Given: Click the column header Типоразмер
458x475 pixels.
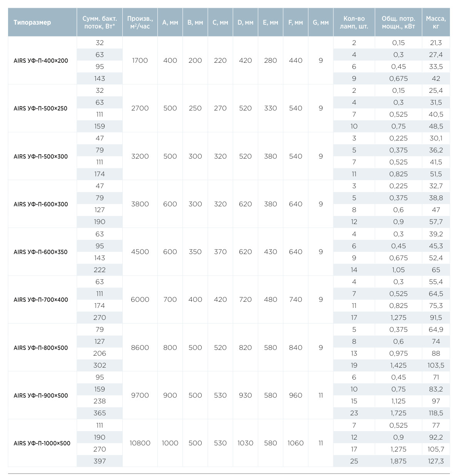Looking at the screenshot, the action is (32, 22).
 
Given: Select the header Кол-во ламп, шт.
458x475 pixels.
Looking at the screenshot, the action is (354, 22).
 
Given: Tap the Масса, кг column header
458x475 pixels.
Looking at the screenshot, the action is (436, 22).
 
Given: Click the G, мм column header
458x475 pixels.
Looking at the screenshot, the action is (321, 22).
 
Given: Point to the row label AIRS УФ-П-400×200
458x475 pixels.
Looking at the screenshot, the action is (41, 60).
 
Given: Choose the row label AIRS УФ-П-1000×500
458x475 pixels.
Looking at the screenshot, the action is (42, 443).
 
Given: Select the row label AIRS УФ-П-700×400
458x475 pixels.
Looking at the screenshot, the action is (41, 299).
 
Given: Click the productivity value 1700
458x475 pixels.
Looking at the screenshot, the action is (140, 60).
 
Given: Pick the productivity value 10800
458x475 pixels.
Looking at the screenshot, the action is (140, 443).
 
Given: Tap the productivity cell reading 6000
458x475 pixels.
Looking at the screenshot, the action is (140, 299).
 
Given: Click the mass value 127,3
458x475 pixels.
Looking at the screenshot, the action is (436, 461).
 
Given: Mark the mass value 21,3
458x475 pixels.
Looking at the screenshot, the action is (436, 43).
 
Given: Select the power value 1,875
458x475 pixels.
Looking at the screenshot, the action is (398, 461).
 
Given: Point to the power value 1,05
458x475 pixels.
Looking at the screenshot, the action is (398, 270).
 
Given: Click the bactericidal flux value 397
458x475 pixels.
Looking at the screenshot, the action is (100, 461).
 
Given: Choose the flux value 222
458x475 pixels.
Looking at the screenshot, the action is (100, 270).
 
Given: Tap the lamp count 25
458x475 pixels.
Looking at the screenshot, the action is (354, 461).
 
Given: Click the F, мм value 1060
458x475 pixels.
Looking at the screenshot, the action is (296, 443).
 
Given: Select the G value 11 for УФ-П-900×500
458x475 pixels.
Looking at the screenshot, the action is (321, 395).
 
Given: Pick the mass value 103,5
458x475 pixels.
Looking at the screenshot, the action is (436, 365).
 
